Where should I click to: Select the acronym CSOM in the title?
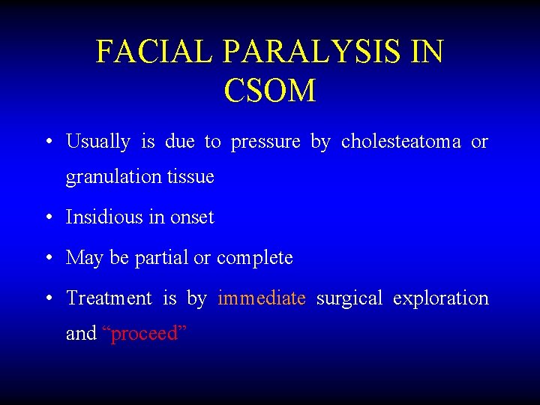[x=269, y=91]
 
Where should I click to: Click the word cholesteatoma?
[x=401, y=141]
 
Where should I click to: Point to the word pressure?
[x=265, y=142]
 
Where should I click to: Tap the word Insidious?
[x=101, y=217]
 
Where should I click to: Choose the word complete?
[x=254, y=258]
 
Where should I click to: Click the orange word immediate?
[x=262, y=298]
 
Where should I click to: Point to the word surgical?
[x=349, y=298]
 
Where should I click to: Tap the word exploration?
[x=440, y=298]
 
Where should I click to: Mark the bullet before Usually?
[x=48, y=142]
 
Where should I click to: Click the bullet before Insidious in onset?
[x=48, y=218]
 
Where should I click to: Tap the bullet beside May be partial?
[x=48, y=259]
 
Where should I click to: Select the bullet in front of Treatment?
[x=48, y=299]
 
